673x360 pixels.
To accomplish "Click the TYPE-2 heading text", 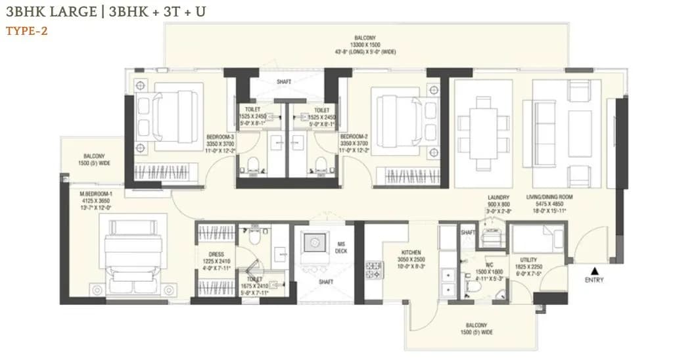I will click(27, 30).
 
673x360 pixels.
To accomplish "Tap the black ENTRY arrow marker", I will click(595, 270).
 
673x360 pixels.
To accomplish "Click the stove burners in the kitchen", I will click(373, 266).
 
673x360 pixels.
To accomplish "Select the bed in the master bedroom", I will click(135, 252).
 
